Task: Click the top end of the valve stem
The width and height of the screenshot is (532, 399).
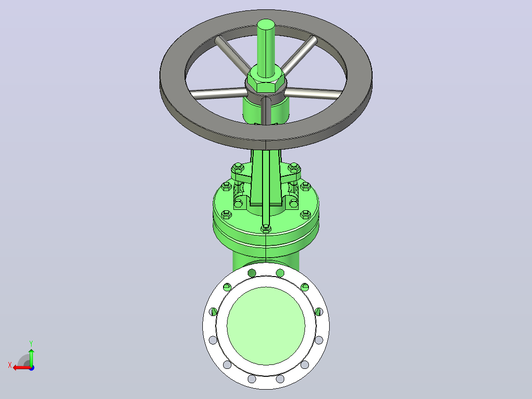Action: point(266,24)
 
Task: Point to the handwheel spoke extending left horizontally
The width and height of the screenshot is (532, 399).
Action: point(217,93)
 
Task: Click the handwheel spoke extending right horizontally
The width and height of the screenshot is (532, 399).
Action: point(314,93)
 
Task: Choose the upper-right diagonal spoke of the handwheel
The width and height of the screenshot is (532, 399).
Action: point(299,54)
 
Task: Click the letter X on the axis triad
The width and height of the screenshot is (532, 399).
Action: point(10,365)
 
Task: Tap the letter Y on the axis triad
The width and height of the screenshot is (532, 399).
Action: point(31,344)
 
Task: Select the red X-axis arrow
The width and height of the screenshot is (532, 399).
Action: point(22,367)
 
